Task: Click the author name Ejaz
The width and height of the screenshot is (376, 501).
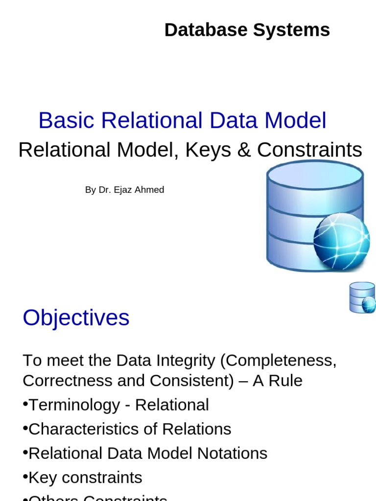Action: click(123, 190)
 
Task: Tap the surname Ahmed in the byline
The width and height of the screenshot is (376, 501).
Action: click(149, 190)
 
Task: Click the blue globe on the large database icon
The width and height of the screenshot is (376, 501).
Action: click(341, 241)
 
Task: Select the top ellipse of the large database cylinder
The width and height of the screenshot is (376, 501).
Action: click(315, 175)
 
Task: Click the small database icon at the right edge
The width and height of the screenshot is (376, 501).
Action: click(362, 297)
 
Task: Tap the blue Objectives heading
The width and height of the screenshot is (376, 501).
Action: click(76, 318)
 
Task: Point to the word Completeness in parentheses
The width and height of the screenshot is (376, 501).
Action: click(278, 361)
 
